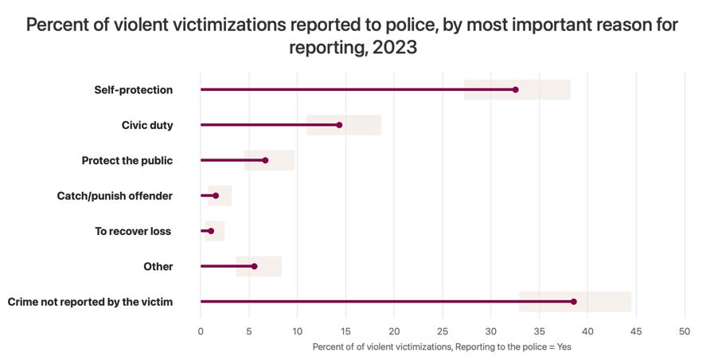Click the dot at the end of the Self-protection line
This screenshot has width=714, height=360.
[x=515, y=90]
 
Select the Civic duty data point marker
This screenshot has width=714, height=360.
[x=339, y=125]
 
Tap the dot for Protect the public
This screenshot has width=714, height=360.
[x=265, y=160]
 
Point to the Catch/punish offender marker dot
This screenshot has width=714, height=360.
[x=216, y=195]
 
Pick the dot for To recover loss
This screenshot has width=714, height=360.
[x=211, y=231]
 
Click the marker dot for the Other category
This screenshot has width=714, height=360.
[x=254, y=266]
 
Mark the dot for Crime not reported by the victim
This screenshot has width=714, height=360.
[x=573, y=302]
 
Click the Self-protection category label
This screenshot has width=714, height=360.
[x=133, y=90]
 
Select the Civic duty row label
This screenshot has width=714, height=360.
[x=147, y=125]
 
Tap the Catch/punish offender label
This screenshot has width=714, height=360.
[x=115, y=195]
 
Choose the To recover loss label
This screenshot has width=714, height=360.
[x=134, y=231]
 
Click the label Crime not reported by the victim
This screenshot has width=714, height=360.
[x=90, y=302]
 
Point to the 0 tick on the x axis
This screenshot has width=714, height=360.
[x=201, y=330]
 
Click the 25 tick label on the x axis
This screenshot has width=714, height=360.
[x=443, y=330]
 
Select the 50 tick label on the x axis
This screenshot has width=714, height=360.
[x=684, y=330]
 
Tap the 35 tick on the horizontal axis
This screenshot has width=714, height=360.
[x=539, y=330]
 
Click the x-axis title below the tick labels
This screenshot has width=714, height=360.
[x=442, y=346]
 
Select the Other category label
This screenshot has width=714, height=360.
[x=158, y=266]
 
